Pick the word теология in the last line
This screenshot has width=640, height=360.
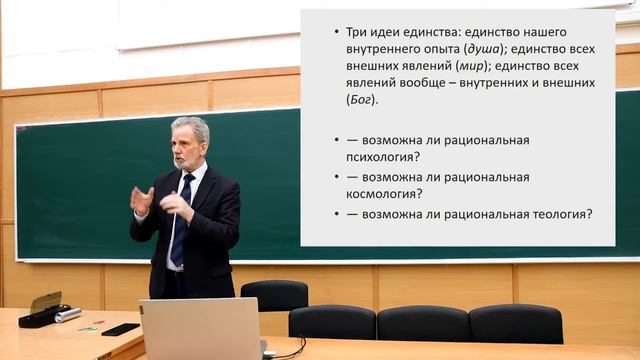tap(559, 213)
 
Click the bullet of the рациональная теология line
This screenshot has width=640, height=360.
tap(337, 213)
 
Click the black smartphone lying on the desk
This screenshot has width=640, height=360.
tap(120, 329)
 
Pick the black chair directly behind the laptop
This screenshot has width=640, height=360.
tap(274, 297)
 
